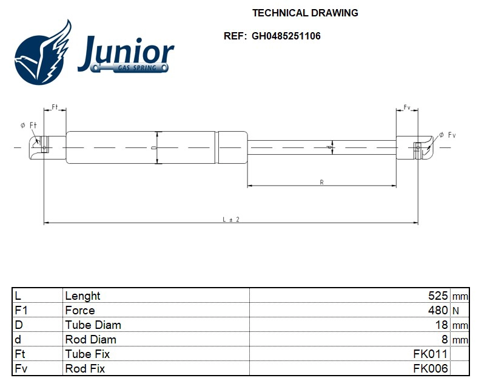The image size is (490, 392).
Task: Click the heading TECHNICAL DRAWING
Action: (x=304, y=13)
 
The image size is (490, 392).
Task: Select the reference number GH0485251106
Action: (x=286, y=36)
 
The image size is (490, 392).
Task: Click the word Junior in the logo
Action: (x=126, y=52)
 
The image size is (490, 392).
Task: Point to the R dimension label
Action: (x=321, y=181)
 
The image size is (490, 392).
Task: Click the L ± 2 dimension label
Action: (x=230, y=219)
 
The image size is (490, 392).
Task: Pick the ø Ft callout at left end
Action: (x=29, y=125)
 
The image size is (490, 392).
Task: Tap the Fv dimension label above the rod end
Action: (x=407, y=107)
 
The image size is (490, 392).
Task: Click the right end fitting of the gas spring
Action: (x=416, y=147)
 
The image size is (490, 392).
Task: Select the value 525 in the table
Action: (x=437, y=296)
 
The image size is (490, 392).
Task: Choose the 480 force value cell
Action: (x=437, y=311)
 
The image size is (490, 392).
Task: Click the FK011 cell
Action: (x=431, y=354)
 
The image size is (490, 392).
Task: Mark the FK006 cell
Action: (x=431, y=368)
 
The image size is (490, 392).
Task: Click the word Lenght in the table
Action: (x=82, y=296)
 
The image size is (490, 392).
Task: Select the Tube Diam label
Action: (x=93, y=325)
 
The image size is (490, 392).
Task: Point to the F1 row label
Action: (x=21, y=311)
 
